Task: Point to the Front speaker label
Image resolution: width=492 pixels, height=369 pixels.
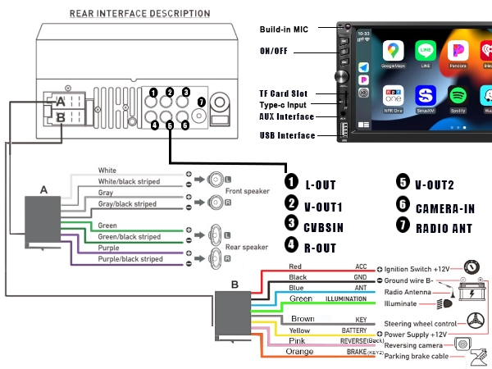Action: [x=248, y=190]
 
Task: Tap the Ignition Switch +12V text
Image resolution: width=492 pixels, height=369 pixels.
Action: [x=421, y=269]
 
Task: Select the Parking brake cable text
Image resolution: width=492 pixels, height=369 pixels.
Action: [x=417, y=355]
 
